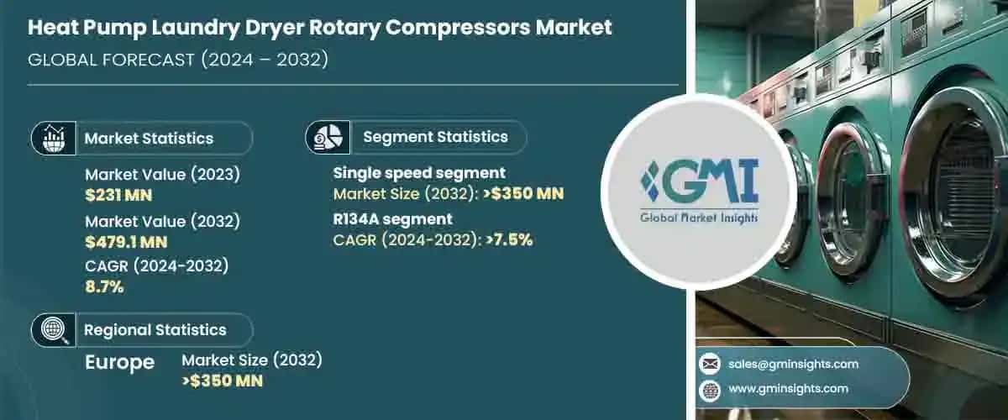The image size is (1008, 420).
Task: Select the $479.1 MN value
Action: pyautogui.click(x=126, y=243)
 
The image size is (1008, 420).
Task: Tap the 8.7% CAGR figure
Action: pyautogui.click(x=104, y=287)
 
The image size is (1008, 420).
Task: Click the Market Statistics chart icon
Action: pyautogui.click(x=53, y=138)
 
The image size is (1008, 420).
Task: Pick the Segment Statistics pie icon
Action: pyautogui.click(x=327, y=136)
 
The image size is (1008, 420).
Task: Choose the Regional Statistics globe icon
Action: pyautogui.click(x=53, y=330)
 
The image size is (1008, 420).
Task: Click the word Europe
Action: pyautogui.click(x=119, y=362)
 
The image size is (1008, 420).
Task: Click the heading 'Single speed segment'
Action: pyautogui.click(x=418, y=174)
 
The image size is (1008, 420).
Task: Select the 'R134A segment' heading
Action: pyautogui.click(x=393, y=219)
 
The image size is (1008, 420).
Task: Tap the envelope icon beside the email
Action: pyautogui.click(x=711, y=364)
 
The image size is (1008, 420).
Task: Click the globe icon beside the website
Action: pyautogui.click(x=711, y=389)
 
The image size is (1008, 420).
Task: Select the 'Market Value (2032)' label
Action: pyautogui.click(x=163, y=222)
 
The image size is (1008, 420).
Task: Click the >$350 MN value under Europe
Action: pyautogui.click(x=222, y=381)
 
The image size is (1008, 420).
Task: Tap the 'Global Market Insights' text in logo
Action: pyautogui.click(x=699, y=218)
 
